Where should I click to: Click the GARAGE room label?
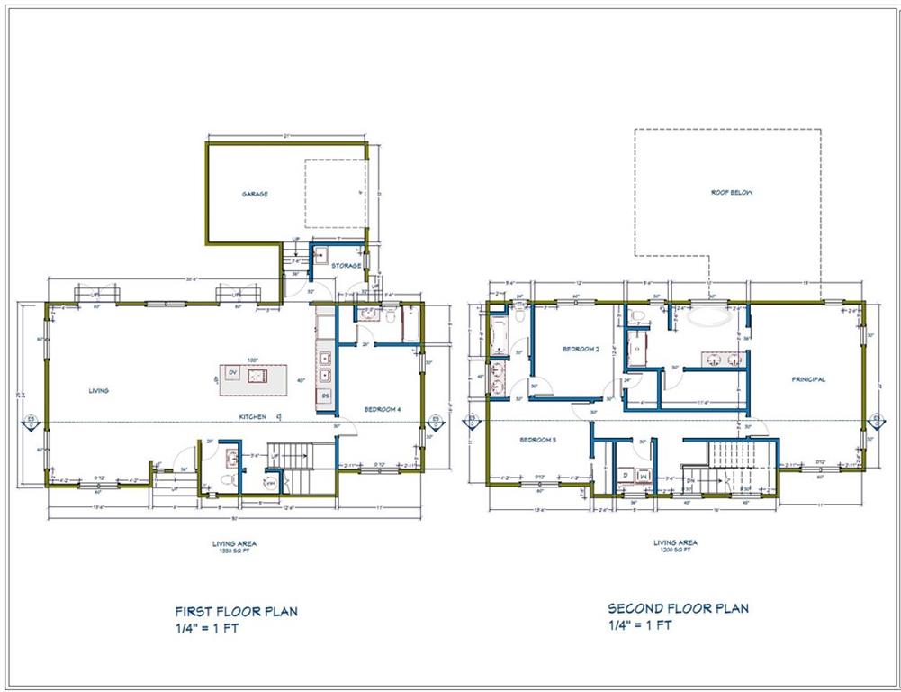255,194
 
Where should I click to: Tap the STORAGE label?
346,266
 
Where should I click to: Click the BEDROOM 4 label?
382,410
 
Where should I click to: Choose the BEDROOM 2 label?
581,349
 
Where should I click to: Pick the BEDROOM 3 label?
536,440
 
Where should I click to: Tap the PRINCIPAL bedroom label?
808,379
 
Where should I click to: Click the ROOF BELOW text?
731,193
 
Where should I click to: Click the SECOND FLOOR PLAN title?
678,608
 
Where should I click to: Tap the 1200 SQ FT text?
676,549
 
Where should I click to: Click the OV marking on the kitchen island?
231,372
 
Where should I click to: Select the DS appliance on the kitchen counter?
325,396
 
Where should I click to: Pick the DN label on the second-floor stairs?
690,481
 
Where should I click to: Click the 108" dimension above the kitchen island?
255,358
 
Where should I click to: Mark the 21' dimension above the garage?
286,136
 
